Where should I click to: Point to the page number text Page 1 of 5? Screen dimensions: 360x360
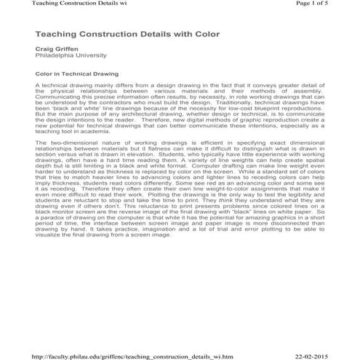click(329, 4)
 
